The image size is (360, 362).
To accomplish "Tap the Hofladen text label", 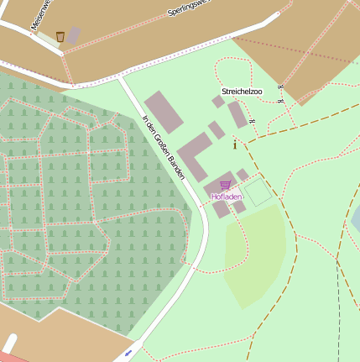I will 226,197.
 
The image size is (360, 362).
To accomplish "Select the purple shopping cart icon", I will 225,185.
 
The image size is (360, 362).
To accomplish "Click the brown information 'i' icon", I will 234,144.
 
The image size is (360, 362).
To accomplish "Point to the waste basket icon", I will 60,36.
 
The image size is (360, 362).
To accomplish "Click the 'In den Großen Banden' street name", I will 163,147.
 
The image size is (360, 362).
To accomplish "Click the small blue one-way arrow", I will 128,353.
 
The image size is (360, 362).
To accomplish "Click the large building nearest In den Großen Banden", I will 163,112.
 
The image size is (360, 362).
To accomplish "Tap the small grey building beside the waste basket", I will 74,35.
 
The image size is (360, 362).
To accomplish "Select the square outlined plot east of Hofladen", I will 258,192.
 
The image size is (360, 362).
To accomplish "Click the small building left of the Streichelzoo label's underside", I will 217,102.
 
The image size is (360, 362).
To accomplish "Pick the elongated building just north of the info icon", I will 237,115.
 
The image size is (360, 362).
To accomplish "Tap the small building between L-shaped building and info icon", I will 217,130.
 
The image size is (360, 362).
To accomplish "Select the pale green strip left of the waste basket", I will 46,39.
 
